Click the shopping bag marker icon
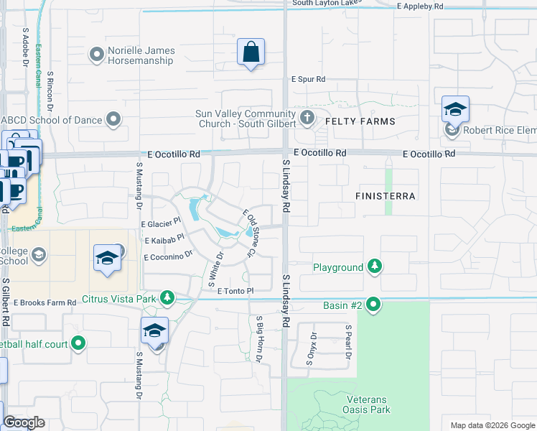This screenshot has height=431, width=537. click(251, 52)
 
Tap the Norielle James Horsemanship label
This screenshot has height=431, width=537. click(141, 55)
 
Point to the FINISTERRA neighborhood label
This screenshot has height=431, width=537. click(386, 195)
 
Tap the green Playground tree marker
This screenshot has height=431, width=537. click(373, 267)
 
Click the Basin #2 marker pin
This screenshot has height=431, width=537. click(373, 305)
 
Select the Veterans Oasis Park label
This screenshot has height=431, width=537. click(366, 404)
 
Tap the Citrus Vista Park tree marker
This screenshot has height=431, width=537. click(167, 297)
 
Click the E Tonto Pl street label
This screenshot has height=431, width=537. click(235, 290)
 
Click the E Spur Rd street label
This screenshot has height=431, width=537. click(308, 79)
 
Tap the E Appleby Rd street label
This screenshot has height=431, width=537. click(421, 6)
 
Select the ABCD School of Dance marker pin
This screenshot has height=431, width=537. click(113, 119)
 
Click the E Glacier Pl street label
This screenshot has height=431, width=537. click(164, 225)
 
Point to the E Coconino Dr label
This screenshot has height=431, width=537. click(169, 256)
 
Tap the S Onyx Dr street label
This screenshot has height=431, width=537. click(312, 349)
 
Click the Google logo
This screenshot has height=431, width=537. click(24, 422)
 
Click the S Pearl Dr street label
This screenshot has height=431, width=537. click(348, 342)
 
